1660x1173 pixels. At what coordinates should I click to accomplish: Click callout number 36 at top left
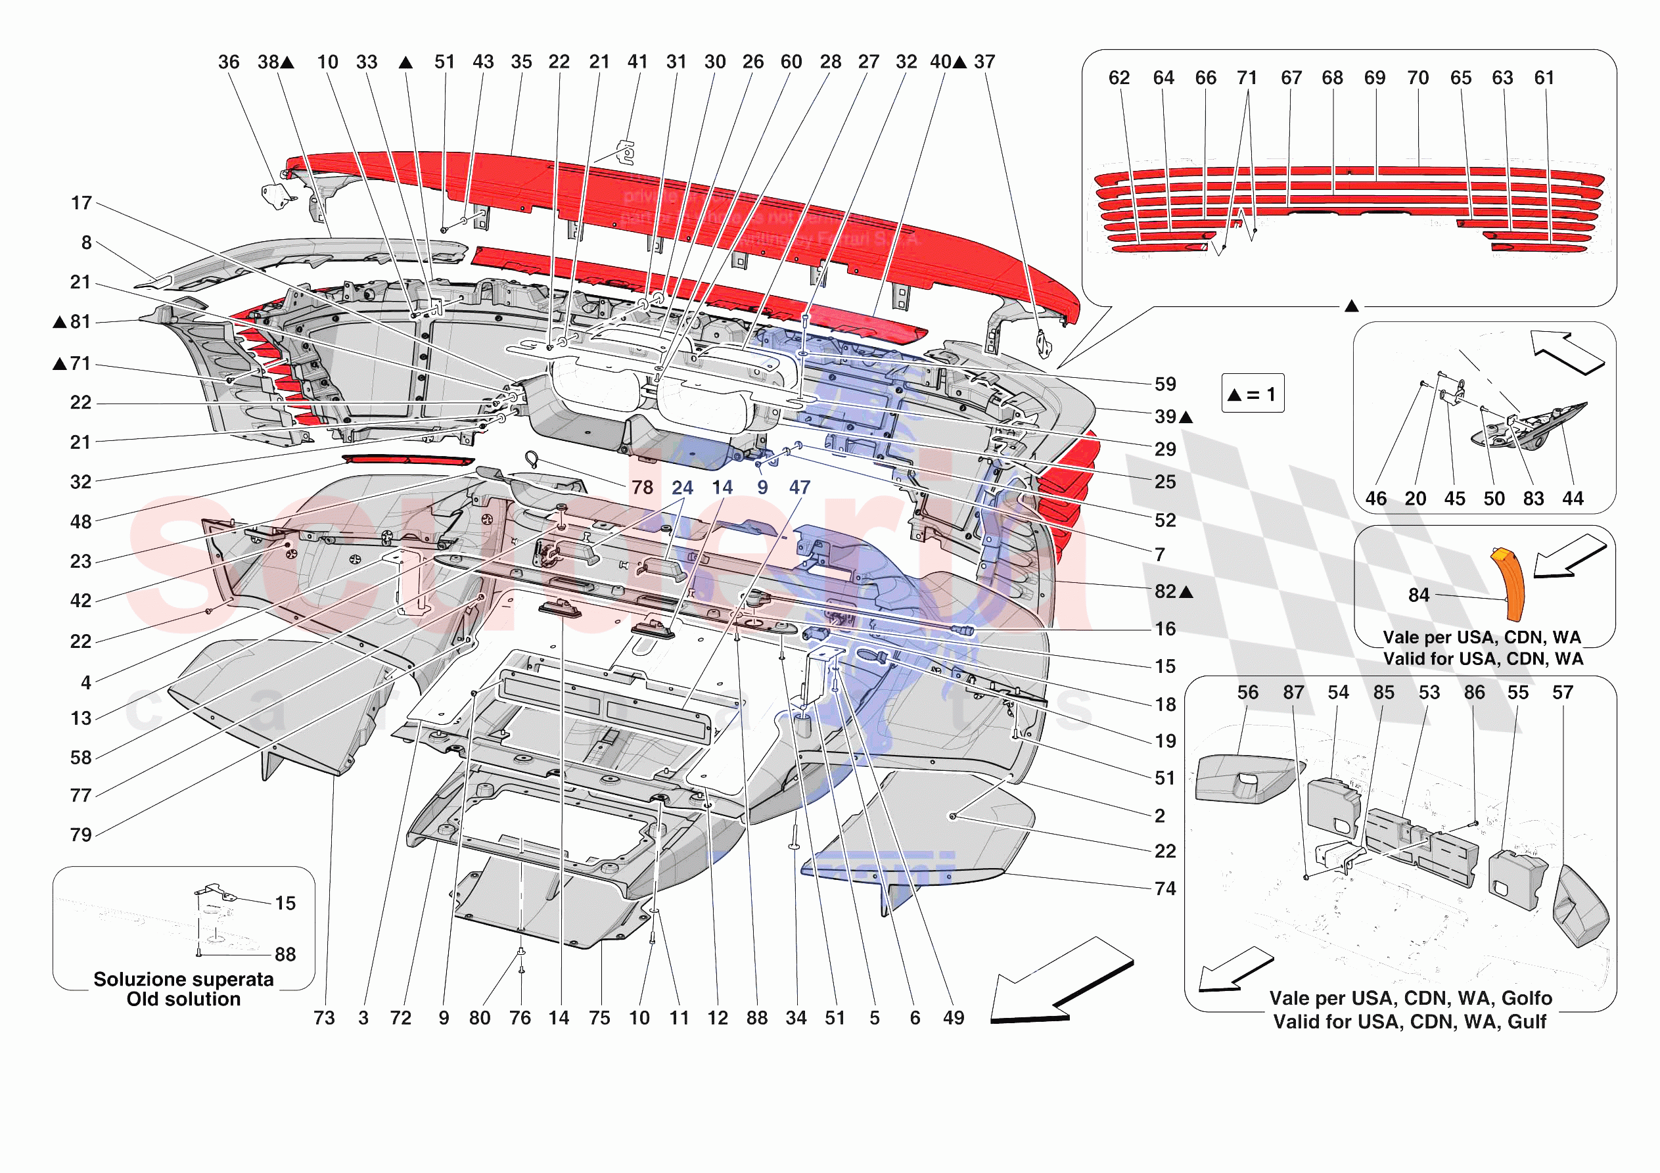coord(229,62)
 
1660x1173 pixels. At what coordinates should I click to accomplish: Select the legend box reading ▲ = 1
coord(1253,394)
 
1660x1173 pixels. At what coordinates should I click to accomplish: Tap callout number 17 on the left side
coord(81,203)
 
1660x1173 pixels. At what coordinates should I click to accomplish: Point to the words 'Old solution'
coord(183,1000)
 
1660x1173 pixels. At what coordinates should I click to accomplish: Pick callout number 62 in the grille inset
coord(1118,78)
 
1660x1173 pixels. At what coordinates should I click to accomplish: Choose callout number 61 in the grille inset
coord(1544,78)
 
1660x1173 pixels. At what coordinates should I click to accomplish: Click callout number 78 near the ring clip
coord(642,488)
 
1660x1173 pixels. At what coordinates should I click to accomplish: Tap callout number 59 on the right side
coord(1164,384)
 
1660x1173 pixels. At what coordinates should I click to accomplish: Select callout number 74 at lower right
coord(1164,889)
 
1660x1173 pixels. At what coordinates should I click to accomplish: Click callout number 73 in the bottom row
coord(324,1018)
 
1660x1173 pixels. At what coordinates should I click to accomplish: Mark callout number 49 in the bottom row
coord(954,1018)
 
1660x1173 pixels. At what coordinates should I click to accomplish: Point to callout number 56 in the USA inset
coord(1247,693)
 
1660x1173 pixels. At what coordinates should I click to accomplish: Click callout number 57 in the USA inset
coord(1562,693)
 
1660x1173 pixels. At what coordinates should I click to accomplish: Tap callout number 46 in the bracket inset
coord(1375,499)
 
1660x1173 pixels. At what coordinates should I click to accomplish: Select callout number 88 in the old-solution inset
coord(285,955)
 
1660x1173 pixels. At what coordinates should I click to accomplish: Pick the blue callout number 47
coord(799,488)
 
